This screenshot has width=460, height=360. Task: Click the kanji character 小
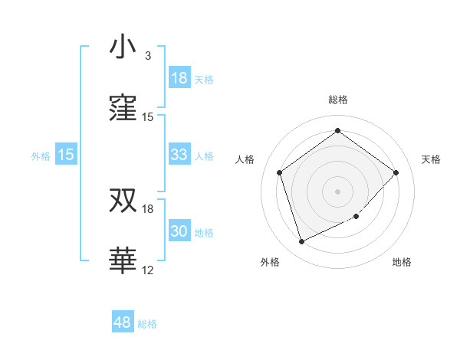click(x=123, y=47)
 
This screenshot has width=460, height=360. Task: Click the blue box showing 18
click(x=179, y=78)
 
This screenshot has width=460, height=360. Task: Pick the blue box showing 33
click(x=179, y=155)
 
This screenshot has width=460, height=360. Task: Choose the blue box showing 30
click(x=179, y=231)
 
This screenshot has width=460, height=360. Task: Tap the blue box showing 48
click(x=123, y=322)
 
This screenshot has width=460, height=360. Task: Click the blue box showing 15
click(x=66, y=155)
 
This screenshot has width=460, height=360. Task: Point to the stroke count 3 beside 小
click(x=148, y=56)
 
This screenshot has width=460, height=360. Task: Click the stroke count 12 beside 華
click(x=148, y=270)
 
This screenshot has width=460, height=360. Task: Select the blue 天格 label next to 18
click(x=204, y=79)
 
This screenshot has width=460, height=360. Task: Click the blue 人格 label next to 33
click(x=204, y=155)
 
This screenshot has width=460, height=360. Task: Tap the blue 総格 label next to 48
click(x=147, y=323)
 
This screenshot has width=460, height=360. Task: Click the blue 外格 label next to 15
click(x=41, y=155)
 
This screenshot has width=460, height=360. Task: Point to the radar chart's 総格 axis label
click(x=337, y=100)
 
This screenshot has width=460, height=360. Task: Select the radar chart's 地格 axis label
click(x=402, y=262)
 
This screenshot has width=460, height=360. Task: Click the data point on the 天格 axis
click(x=396, y=172)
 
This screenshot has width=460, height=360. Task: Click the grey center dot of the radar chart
click(x=337, y=191)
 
